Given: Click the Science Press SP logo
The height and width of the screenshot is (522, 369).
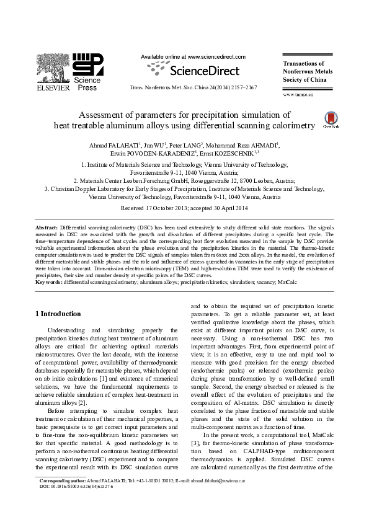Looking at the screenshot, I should click(87, 65).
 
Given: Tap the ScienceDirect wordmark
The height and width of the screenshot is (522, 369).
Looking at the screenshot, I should click(197, 69).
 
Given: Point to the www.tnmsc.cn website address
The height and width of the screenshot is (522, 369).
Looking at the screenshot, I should click(298, 95).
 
